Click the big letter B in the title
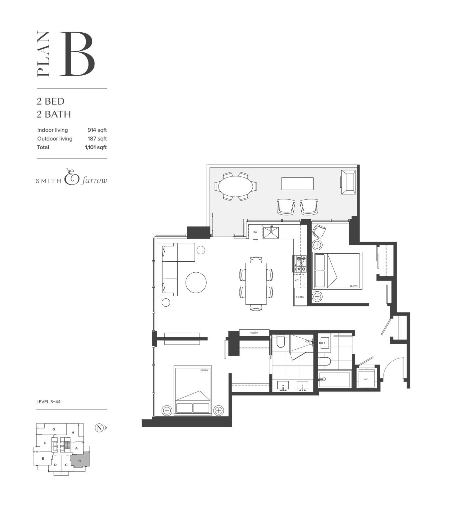[x=77, y=54]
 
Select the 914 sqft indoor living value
[x=97, y=130]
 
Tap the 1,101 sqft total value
[x=95, y=147]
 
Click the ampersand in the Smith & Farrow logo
[x=71, y=177]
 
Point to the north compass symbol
[x=99, y=428]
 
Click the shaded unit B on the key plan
[x=80, y=461]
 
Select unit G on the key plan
[x=54, y=429]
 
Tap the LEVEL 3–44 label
[x=49, y=402]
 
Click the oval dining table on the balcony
[x=235, y=186]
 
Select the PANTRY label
[x=254, y=333]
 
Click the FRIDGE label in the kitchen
[x=300, y=297]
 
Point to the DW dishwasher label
[x=255, y=232]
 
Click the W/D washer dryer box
[x=366, y=379]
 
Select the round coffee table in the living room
[x=196, y=283]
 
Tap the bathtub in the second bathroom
[x=335, y=380]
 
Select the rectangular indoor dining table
[x=256, y=283]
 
